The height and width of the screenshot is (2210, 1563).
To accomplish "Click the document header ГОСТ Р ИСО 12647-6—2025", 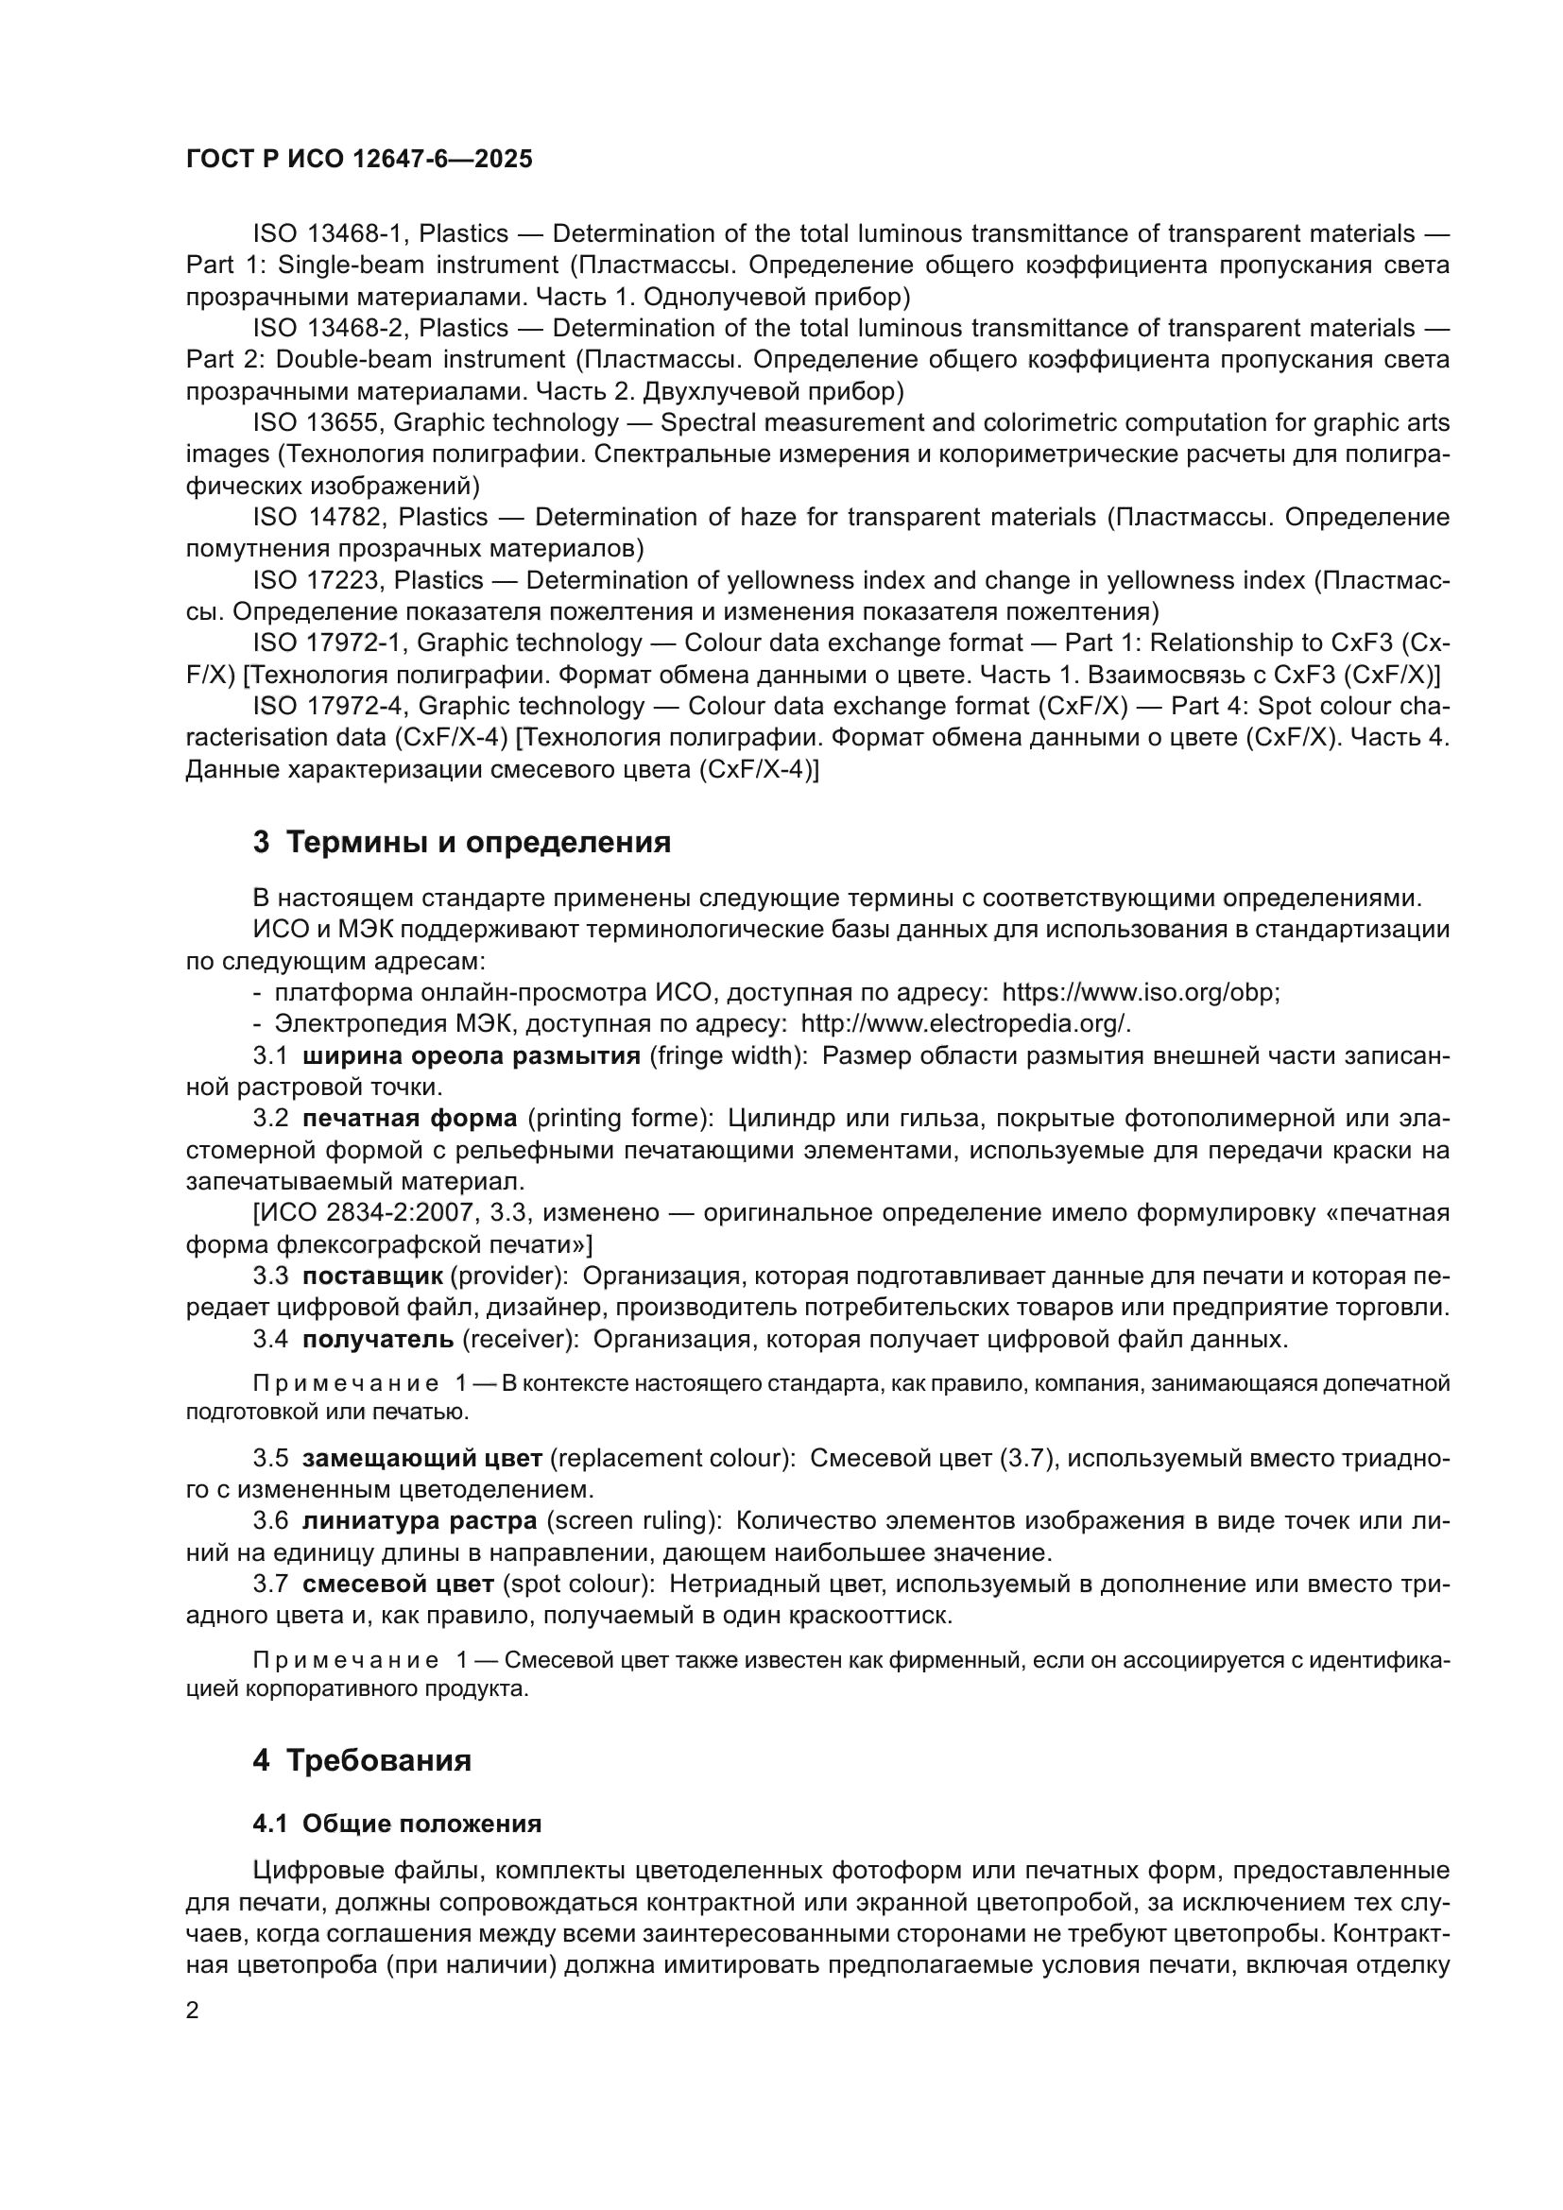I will click(359, 160).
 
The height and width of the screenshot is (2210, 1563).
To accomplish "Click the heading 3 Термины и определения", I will click(462, 842).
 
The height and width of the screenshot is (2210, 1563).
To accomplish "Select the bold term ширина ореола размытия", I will click(471, 1056).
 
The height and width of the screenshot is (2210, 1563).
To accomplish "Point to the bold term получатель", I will click(377, 1339).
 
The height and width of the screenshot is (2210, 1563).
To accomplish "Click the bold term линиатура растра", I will click(419, 1521).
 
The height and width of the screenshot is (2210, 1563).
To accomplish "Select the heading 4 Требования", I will click(362, 1760).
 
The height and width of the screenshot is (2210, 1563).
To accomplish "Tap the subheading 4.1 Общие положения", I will click(397, 1824).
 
